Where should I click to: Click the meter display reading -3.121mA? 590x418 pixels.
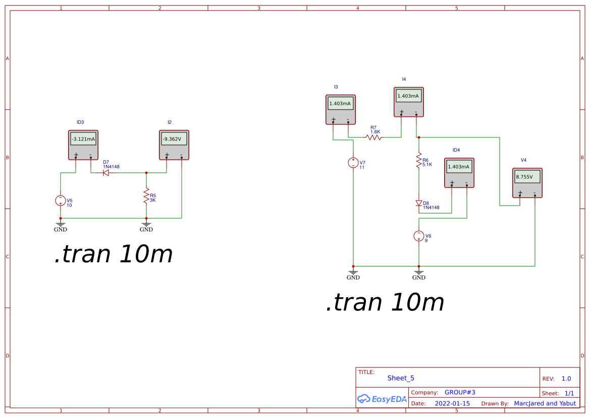pos(83,139)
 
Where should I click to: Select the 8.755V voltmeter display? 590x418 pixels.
pos(527,177)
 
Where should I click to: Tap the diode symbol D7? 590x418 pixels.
pos(106,173)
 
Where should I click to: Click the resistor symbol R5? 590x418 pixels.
pos(146,195)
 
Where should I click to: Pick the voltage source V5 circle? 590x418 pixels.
pos(61,200)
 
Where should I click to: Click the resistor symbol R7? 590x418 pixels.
pos(374,137)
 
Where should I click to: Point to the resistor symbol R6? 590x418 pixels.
pos(418,161)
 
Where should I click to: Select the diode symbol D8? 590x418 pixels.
pos(418,203)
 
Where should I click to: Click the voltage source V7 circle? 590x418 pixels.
pos(353,163)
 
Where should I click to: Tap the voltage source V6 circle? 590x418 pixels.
pos(418,236)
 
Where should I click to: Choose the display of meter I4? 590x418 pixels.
pos(409,96)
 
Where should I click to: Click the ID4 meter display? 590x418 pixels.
pos(459,167)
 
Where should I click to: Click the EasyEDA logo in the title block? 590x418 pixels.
pos(382,399)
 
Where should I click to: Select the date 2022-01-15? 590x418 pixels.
pos(452,403)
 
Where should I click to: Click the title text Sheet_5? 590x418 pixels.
pos(401,378)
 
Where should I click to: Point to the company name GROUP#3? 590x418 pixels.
pos(460,392)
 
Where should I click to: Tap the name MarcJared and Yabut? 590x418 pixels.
pos(545,403)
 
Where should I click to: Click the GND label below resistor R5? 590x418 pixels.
pos(146,229)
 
